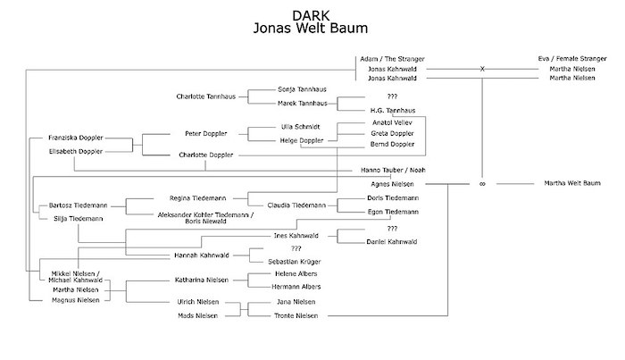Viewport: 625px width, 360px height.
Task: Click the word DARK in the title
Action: pyautogui.click(x=311, y=15)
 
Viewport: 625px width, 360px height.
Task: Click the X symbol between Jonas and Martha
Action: pyautogui.click(x=482, y=69)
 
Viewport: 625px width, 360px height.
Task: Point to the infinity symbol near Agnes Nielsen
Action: pyautogui.click(x=482, y=185)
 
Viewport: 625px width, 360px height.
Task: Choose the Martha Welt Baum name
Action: pyautogui.click(x=573, y=184)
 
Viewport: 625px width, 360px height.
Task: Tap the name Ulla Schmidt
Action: pyautogui.click(x=300, y=126)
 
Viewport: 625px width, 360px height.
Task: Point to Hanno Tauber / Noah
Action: pyautogui.click(x=391, y=171)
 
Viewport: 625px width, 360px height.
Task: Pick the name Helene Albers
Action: pyautogui.click(x=296, y=273)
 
